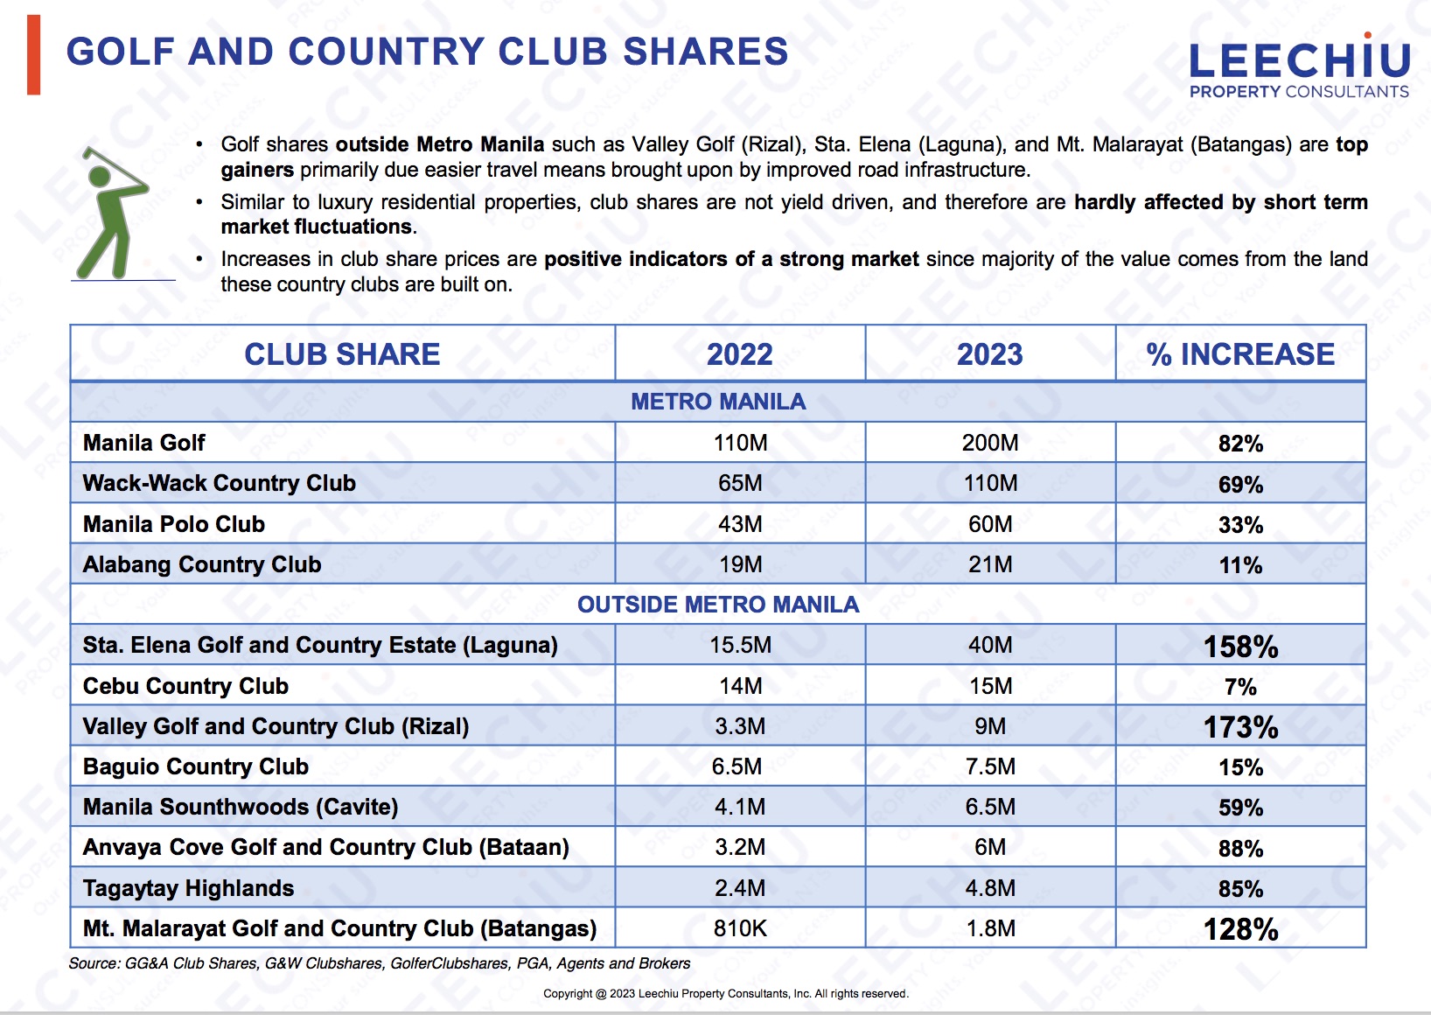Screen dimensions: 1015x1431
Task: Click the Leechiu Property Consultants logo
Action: click(1299, 67)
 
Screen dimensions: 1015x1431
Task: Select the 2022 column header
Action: click(740, 354)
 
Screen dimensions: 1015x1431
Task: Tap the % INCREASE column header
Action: click(1240, 354)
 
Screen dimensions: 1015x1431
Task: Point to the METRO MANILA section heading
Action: click(718, 402)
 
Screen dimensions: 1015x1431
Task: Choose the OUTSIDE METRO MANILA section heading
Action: click(718, 605)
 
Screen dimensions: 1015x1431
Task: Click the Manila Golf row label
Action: click(144, 443)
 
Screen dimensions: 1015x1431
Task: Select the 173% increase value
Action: click(1240, 727)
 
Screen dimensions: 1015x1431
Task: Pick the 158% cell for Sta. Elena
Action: click(1240, 647)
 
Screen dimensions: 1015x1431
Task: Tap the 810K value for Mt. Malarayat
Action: click(740, 928)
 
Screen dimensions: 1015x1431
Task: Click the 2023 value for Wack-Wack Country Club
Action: click(990, 483)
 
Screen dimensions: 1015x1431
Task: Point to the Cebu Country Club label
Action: click(185, 686)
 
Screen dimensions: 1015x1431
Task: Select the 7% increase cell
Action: click(1240, 687)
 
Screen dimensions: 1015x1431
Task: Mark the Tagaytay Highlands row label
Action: click(189, 888)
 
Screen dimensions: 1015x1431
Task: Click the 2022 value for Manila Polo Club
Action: click(740, 524)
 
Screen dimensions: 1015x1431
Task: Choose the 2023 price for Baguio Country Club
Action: click(990, 766)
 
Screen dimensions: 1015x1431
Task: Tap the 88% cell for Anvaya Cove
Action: click(1240, 849)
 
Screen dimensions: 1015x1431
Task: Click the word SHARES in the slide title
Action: click(705, 52)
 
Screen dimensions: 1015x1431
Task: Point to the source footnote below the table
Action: click(380, 963)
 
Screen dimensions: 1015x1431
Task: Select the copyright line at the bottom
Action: click(726, 993)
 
